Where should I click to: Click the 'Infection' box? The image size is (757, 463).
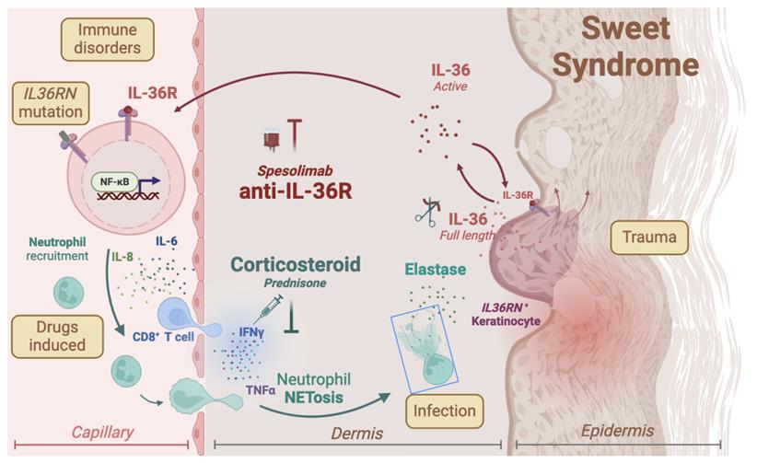[x=444, y=409]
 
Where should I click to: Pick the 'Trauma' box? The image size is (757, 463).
[x=651, y=239]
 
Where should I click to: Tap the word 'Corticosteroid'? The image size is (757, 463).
[x=309, y=265]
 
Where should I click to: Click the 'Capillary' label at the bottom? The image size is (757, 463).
[x=104, y=431]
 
